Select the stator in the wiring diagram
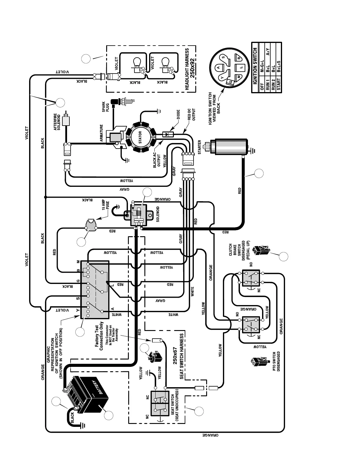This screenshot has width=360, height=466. pos(141,137)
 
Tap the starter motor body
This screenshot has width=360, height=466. pos(231,147)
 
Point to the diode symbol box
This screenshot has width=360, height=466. pos(167,134)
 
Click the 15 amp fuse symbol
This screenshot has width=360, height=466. pos(91,225)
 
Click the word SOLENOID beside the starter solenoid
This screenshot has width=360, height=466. pos(158,214)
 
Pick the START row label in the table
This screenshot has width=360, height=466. pos(279,84)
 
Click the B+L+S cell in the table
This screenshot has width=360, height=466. pos(279,67)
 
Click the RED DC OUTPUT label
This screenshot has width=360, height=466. pos(191,115)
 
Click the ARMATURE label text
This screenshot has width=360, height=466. pos(101,133)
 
